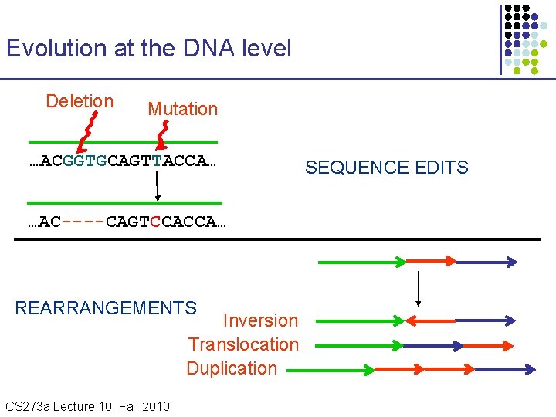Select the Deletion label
[x=80, y=101]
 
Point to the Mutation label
[x=182, y=109]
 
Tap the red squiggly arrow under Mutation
[x=162, y=135]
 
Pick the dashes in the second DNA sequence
[x=83, y=222]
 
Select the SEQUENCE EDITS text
[x=386, y=168]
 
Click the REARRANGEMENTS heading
[x=106, y=308]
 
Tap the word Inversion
[x=260, y=320]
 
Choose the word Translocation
[x=243, y=344]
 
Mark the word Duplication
[x=232, y=368]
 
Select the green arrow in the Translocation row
[x=360, y=344]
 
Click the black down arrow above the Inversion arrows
[x=418, y=289]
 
